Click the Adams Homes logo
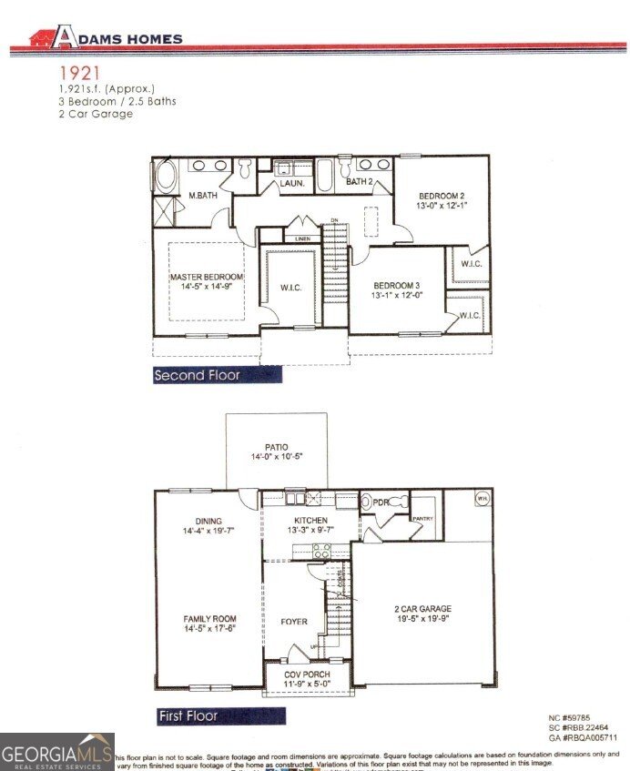106,37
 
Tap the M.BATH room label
201,196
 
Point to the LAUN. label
290,183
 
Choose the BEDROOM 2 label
442,197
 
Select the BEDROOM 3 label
396,284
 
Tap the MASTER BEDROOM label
207,277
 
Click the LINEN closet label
302,238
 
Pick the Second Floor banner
198,375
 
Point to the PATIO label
276,447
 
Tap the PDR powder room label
381,502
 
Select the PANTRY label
422,519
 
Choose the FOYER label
293,623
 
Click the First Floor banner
188,716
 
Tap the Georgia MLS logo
56,752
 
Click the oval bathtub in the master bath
167,176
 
